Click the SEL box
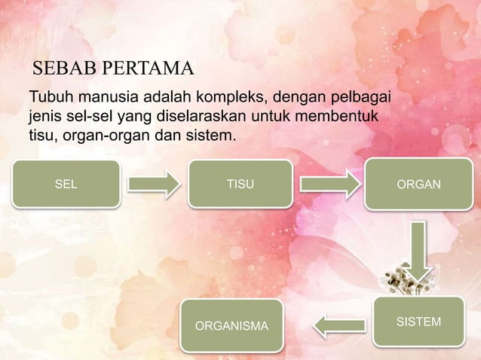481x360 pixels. pos(66,183)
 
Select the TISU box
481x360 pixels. pos(240,183)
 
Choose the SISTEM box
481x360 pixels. pos(418,322)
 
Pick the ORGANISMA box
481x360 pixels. pos(231,326)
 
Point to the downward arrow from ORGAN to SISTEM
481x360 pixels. pos(418,252)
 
